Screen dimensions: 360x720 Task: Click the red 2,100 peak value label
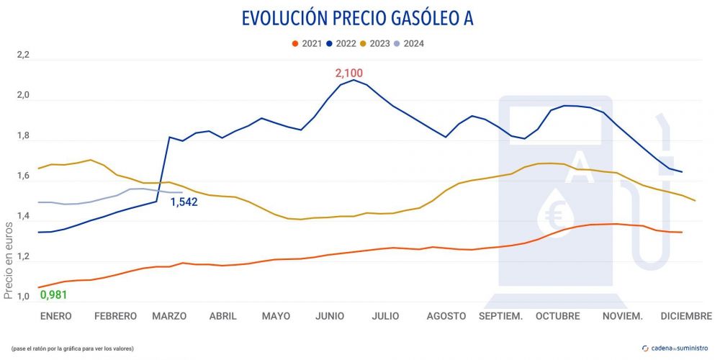tap(349, 73)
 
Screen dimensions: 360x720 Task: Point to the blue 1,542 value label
tap(184, 203)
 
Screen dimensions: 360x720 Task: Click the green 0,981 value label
tap(53, 295)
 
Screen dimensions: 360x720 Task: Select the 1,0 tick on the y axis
tap(24, 297)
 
